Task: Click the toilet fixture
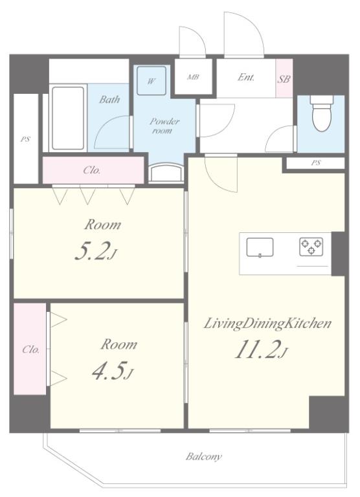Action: (x=322, y=113)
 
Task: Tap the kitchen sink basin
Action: (x=260, y=247)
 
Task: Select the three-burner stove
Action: (x=311, y=247)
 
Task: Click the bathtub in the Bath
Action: (x=68, y=118)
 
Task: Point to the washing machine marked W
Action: (x=152, y=81)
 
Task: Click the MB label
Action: (x=193, y=77)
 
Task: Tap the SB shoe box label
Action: (x=284, y=78)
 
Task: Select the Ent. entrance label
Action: (x=246, y=77)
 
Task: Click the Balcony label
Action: (x=203, y=456)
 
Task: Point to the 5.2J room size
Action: (x=96, y=250)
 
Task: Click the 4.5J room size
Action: (x=112, y=370)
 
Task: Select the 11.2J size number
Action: (x=261, y=349)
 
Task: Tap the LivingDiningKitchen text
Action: (x=267, y=324)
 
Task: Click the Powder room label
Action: (x=164, y=126)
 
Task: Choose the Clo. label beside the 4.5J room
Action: (x=31, y=349)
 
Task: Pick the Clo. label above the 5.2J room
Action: (x=92, y=171)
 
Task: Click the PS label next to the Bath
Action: (x=25, y=139)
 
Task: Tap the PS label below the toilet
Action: (x=315, y=163)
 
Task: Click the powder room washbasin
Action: (x=166, y=173)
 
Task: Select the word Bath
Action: (x=109, y=100)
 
